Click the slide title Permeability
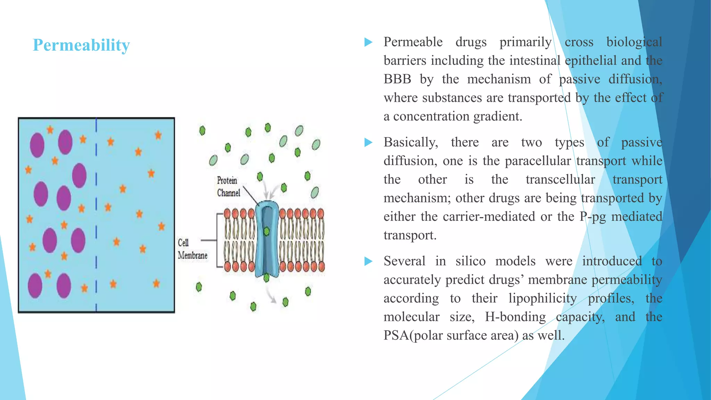tap(81, 45)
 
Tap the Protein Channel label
tap(228, 186)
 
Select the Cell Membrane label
tap(192, 249)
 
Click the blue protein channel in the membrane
tap(267, 240)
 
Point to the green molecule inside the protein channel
tap(266, 231)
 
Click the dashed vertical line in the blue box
tap(96, 215)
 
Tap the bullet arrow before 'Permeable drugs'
tap(368, 42)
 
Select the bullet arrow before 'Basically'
tap(368, 142)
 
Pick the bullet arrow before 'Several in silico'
tap(368, 261)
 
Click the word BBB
tap(397, 79)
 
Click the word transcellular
tap(560, 180)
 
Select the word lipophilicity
tap(542, 298)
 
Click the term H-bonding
tap(515, 317)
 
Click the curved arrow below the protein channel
tap(271, 295)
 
